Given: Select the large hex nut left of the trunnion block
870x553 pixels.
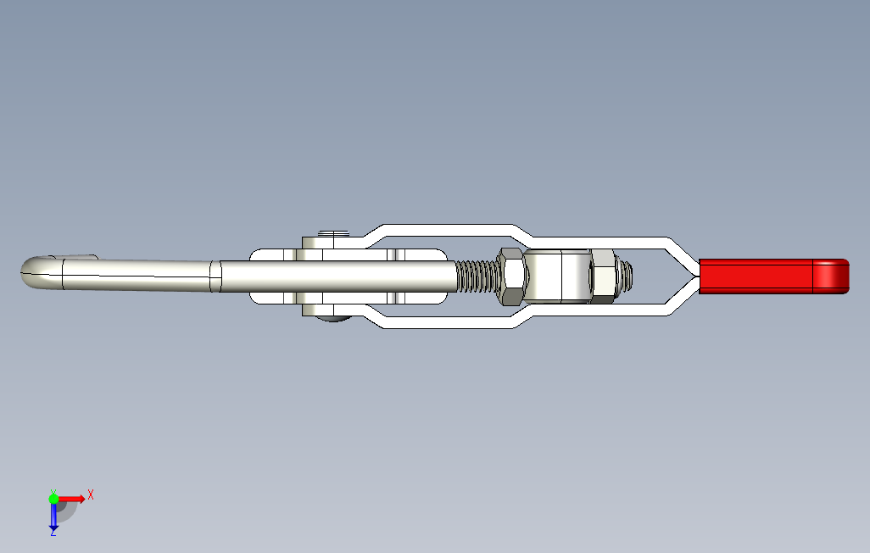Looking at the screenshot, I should [x=511, y=276].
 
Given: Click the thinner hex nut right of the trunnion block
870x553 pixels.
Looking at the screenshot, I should [x=603, y=276].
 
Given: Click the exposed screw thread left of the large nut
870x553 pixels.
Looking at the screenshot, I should [x=476, y=276].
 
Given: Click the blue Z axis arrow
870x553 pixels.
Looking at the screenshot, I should [x=53, y=515].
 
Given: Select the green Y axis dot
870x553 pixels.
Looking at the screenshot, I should [x=53, y=499].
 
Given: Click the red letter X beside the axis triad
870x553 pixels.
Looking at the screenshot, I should [x=91, y=494].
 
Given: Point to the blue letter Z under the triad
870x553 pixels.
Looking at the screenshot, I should [x=53, y=533].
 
